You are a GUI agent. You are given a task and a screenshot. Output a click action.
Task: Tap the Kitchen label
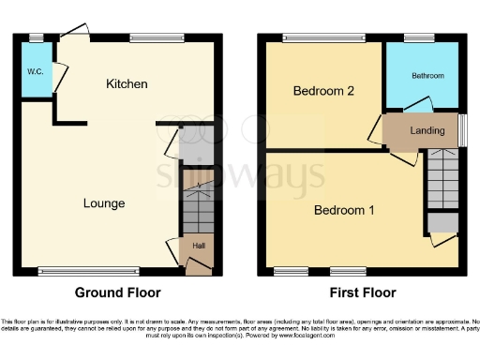coord(127,84)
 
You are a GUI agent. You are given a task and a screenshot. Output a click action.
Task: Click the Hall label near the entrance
coord(199,246)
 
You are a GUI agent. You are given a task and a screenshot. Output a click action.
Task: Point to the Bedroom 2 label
coord(323,92)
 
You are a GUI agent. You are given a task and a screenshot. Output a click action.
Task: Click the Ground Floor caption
coord(117,292)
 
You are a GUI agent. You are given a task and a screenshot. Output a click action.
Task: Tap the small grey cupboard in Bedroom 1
coord(442,223)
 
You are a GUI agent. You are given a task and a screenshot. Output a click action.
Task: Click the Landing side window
coord(462,129)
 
